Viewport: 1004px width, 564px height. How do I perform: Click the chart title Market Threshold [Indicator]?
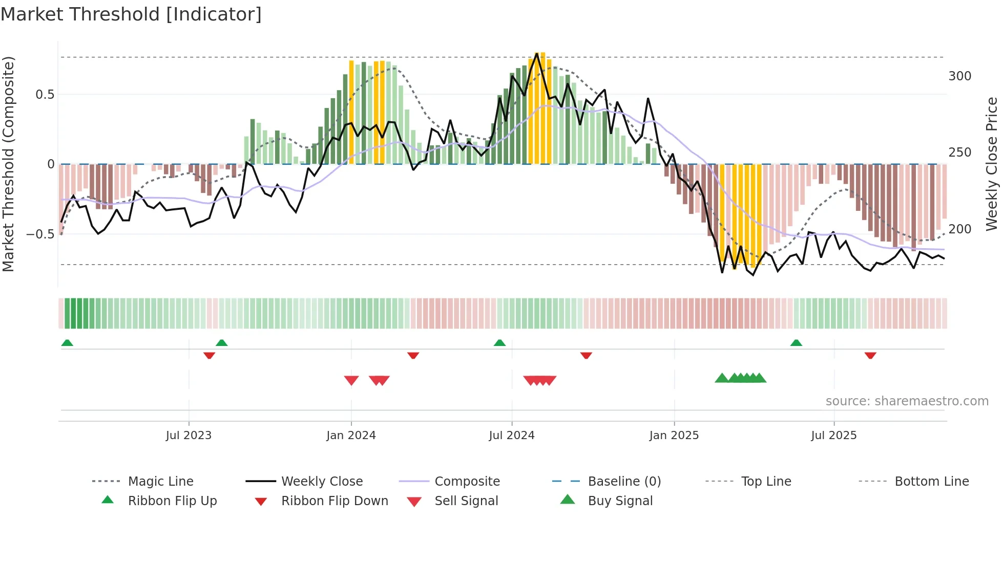pos(131,14)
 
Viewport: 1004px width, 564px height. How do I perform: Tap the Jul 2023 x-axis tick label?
pos(189,436)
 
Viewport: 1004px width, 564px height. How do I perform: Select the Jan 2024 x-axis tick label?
pos(351,436)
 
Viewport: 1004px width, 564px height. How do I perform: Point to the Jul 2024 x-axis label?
pos(511,436)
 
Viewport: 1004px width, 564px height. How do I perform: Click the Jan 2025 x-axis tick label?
pos(674,436)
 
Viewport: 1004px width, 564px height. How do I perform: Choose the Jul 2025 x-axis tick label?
pos(833,436)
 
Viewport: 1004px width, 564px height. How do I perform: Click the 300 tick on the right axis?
pos(959,76)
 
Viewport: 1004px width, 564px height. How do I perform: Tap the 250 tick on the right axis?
pos(959,153)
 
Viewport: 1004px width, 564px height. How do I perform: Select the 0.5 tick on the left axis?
pos(45,95)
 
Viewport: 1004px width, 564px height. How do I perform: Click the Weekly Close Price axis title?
pos(992,164)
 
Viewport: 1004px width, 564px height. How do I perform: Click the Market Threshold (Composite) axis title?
pos(8,164)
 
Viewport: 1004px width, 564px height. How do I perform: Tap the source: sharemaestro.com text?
pos(907,401)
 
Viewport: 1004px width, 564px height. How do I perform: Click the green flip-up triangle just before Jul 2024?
pos(499,343)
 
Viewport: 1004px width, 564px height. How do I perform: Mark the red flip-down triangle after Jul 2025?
pos(870,355)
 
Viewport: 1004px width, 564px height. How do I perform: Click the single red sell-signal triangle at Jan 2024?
pos(351,380)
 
